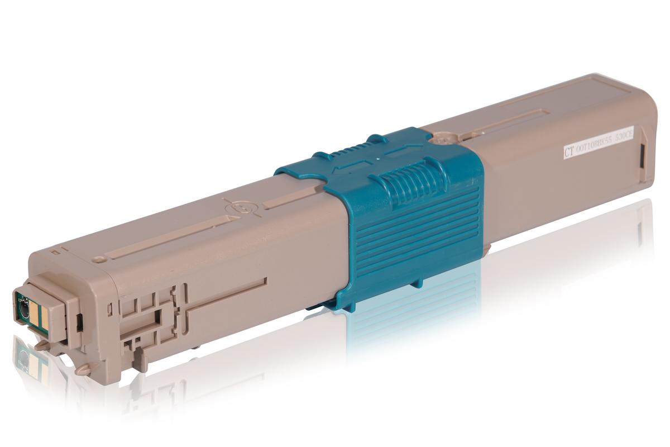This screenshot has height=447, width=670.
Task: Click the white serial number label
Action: [x=598, y=144]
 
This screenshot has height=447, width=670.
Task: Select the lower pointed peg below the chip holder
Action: [x=84, y=369]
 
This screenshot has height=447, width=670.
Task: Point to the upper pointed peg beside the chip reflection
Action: [x=44, y=345]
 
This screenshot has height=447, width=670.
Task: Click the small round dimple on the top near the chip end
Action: [x=99, y=259]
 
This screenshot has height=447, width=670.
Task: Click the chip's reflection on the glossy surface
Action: [x=25, y=358]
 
